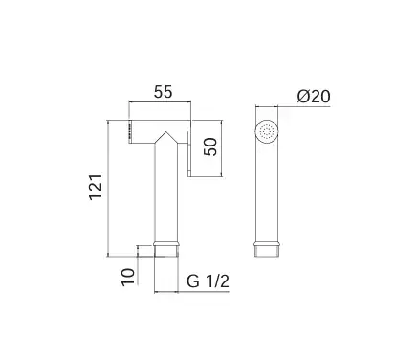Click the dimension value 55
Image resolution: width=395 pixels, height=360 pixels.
pyautogui.click(x=163, y=92)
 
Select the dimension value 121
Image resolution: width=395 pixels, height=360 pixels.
pyautogui.click(x=96, y=187)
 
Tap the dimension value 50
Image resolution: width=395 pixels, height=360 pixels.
pyautogui.click(x=210, y=146)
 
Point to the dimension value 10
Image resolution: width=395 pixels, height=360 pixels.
pyautogui.click(x=128, y=277)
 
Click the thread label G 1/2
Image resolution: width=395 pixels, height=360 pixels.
pyautogui.click(x=208, y=281)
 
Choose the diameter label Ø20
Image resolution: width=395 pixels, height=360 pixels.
pyautogui.click(x=314, y=97)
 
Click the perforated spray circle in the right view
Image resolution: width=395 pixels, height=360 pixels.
pyautogui.click(x=267, y=131)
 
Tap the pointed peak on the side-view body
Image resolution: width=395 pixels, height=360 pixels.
pyautogui.click(x=165, y=132)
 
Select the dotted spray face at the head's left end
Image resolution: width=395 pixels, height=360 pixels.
pyautogui.click(x=130, y=131)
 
